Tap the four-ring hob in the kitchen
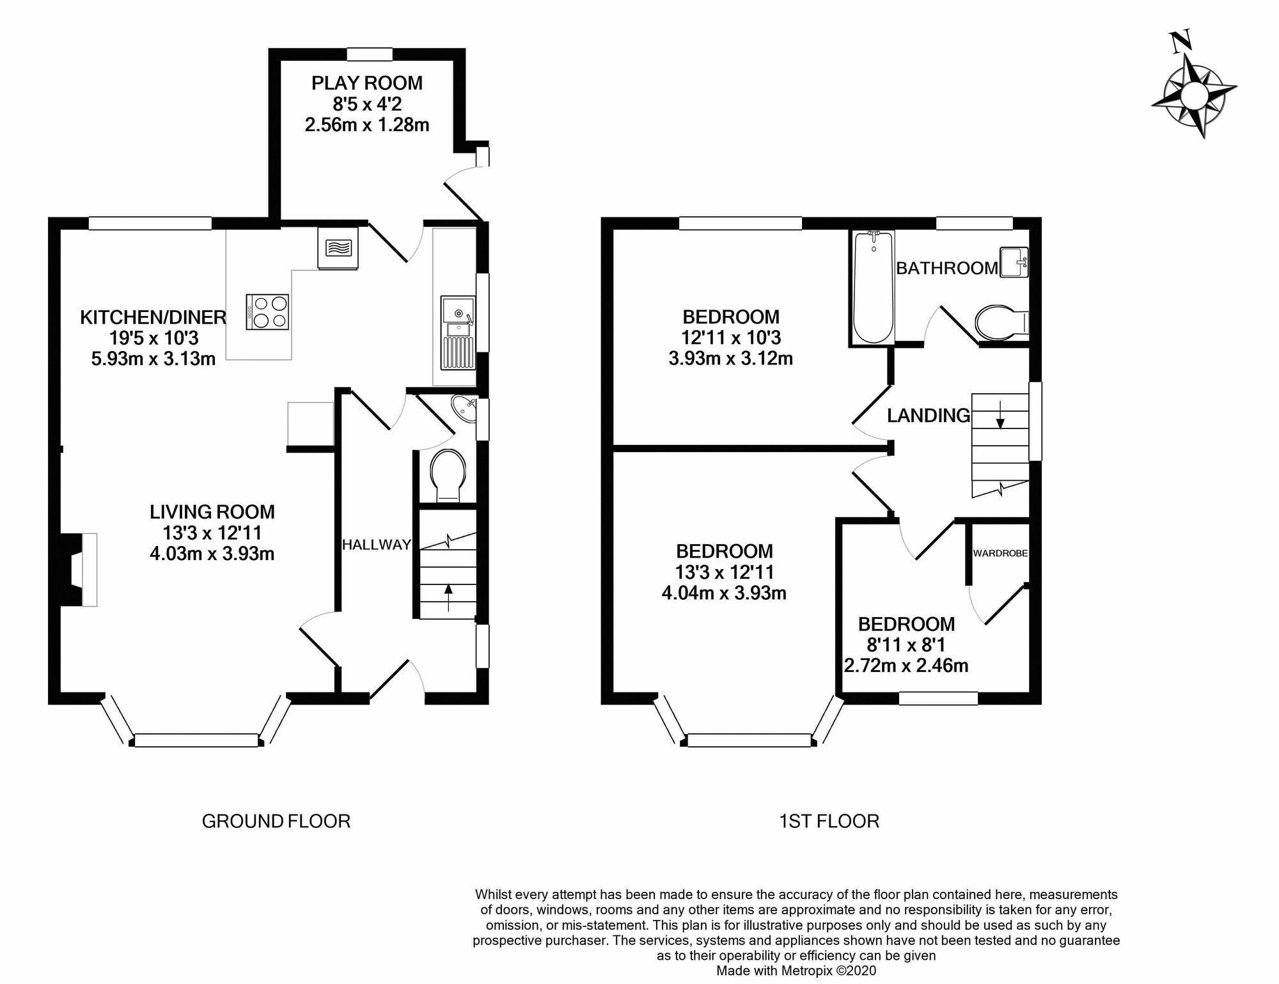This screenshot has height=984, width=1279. (267, 312)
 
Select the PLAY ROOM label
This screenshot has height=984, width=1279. (366, 83)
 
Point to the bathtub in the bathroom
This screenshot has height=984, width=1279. (873, 287)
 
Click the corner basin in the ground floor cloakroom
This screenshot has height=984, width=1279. (464, 409)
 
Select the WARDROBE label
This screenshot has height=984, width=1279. (1000, 553)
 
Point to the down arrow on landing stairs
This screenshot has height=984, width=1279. (1000, 418)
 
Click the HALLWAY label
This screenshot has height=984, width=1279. (376, 545)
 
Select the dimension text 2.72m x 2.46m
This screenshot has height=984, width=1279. (906, 666)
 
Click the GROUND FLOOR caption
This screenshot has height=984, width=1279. (276, 821)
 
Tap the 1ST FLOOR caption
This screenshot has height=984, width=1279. (829, 821)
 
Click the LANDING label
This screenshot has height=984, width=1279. (928, 416)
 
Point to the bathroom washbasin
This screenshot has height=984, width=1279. (1013, 262)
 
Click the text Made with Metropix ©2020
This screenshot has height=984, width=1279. (796, 971)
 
